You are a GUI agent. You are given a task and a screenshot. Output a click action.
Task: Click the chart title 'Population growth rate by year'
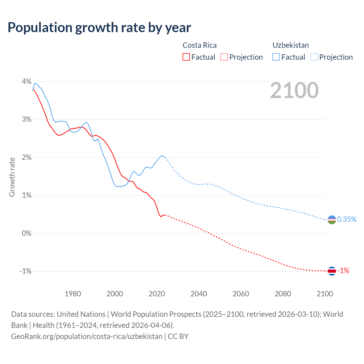pyautogui.click(x=99, y=28)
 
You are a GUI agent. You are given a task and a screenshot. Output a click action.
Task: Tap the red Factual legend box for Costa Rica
pyautogui.click(x=186, y=57)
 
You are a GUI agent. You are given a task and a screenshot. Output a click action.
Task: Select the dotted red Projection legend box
pyautogui.click(x=224, y=57)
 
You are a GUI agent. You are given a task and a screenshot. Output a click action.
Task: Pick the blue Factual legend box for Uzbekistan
pyautogui.click(x=276, y=57)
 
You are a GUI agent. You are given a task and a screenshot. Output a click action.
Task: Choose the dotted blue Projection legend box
pyautogui.click(x=314, y=57)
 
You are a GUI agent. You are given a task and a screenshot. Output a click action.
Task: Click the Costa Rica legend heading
pyautogui.click(x=199, y=45)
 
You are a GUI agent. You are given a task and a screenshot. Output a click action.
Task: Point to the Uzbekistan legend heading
pyautogui.click(x=291, y=45)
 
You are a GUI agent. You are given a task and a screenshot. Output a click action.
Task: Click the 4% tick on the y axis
pyautogui.click(x=26, y=82)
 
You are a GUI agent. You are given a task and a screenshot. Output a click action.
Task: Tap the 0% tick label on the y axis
pyautogui.click(x=26, y=233)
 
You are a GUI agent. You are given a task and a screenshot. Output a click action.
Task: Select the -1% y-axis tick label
pyautogui.click(x=25, y=271)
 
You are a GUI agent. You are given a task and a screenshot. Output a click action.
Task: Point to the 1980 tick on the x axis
pyautogui.click(x=73, y=294)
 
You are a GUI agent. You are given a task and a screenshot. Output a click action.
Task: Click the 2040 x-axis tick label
pyautogui.click(x=199, y=294)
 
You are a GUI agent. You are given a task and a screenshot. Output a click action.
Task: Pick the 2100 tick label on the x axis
pyautogui.click(x=325, y=294)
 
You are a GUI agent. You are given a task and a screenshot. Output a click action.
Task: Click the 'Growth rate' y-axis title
pyautogui.click(x=12, y=177)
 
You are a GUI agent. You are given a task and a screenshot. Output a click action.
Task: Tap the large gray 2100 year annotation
pyautogui.click(x=294, y=90)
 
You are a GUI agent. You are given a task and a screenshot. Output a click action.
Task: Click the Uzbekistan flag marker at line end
pyautogui.click(x=332, y=220)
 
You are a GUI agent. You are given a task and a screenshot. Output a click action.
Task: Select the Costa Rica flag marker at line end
pyautogui.click(x=332, y=271)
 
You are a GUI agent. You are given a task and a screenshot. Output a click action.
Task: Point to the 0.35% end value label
pyautogui.click(x=347, y=219)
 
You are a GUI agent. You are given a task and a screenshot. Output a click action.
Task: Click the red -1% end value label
pyautogui.click(x=343, y=271)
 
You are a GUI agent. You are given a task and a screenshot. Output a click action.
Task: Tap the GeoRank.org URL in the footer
pyautogui.click(x=87, y=336)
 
